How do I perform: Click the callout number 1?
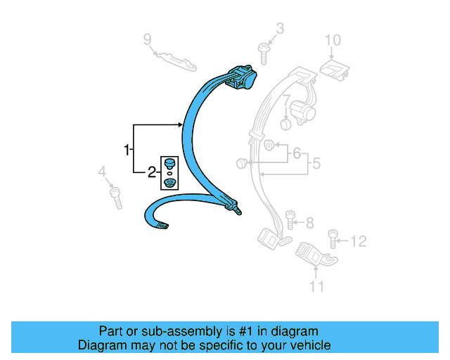click(x=127, y=150)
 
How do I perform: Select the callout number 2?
click(x=152, y=172)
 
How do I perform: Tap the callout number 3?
click(x=280, y=29)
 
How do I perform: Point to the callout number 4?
click(x=102, y=172)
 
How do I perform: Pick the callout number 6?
click(x=296, y=153)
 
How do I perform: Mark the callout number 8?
click(x=309, y=223)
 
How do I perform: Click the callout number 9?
click(x=148, y=38)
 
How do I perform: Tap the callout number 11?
click(x=317, y=286)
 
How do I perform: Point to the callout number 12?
click(x=359, y=242)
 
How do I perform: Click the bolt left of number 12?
click(x=335, y=240)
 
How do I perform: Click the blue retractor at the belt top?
click(x=243, y=75)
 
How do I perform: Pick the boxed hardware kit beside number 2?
click(x=169, y=173)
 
